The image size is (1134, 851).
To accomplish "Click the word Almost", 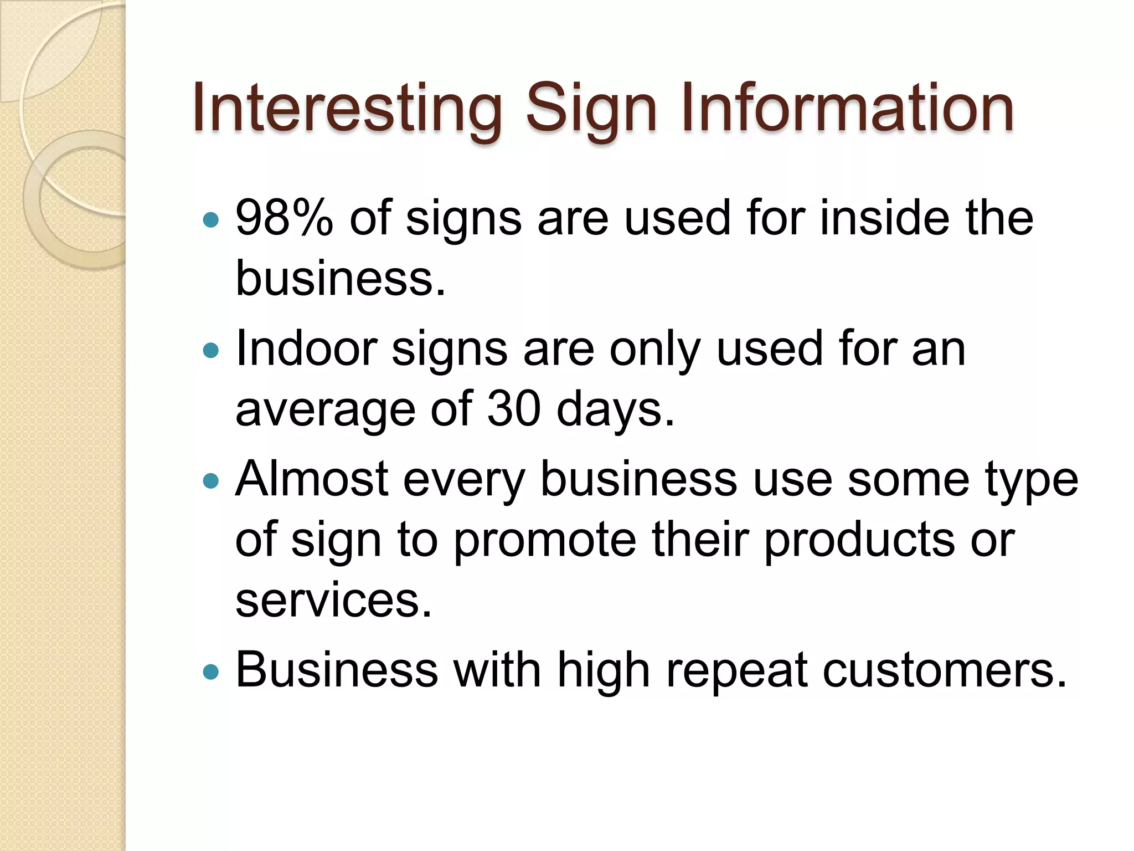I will (312, 479).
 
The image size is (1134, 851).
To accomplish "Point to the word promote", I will (545, 541).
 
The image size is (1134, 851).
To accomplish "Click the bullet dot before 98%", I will (210, 221).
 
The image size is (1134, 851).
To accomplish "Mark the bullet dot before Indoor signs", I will (210, 350).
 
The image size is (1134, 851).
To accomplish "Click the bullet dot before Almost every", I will (210, 480).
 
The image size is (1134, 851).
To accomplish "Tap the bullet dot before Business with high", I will (210, 672).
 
